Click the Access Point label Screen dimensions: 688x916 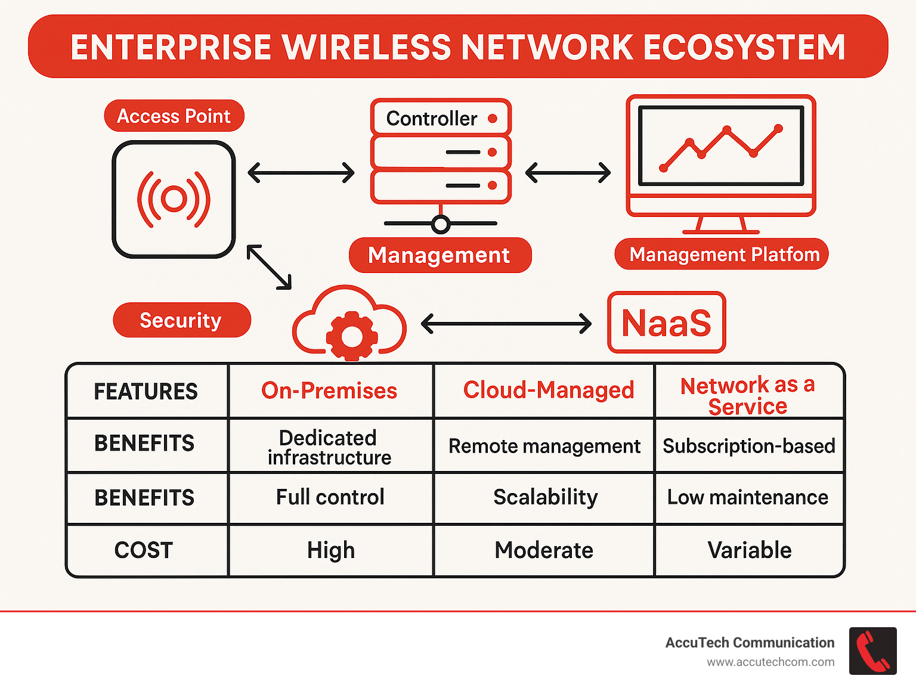[x=174, y=116]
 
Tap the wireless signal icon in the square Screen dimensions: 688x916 [x=174, y=199]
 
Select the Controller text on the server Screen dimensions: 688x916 [x=431, y=118]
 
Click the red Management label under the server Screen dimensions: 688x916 [x=440, y=255]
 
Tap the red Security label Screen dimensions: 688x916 [x=181, y=320]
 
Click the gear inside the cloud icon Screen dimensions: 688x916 [x=351, y=336]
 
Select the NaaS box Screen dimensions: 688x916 [x=666, y=323]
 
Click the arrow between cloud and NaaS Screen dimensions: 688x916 [x=506, y=324]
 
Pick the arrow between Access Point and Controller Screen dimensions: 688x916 [x=301, y=173]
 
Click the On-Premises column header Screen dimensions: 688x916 [x=329, y=391]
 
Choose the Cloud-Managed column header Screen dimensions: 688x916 [x=548, y=390]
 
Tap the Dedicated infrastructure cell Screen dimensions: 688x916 [x=329, y=447]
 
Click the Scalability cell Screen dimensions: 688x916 [x=545, y=497]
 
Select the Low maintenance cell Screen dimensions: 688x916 [x=748, y=497]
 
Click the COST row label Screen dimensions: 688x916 [x=144, y=550]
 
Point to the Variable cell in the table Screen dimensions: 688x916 [x=749, y=550]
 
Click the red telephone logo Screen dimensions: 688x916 [x=872, y=651]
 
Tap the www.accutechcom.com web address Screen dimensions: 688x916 [x=770, y=662]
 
